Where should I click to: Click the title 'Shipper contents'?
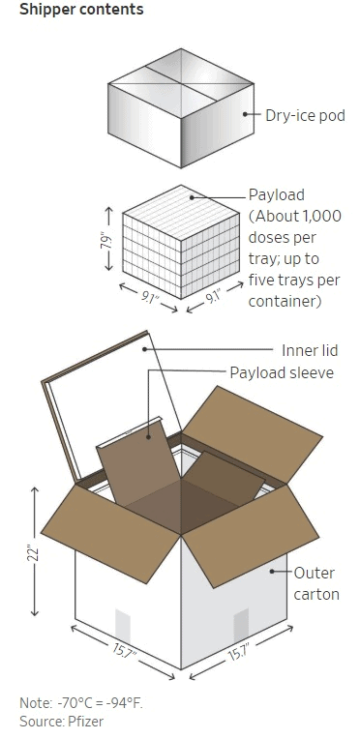tap(81, 10)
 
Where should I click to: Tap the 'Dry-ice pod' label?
tap(305, 115)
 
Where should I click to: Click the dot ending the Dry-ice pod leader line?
tap(245, 113)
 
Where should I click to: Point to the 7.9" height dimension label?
tap(107, 240)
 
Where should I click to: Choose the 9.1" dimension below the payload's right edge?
tap(214, 298)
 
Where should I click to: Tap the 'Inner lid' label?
tap(310, 351)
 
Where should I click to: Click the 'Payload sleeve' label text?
tap(282, 372)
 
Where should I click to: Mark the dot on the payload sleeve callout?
tap(148, 437)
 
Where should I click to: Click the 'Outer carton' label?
tap(316, 583)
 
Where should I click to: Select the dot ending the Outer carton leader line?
tap(272, 572)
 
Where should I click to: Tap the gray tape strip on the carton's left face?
tap(123, 626)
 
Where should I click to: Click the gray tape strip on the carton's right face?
tap(241, 626)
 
